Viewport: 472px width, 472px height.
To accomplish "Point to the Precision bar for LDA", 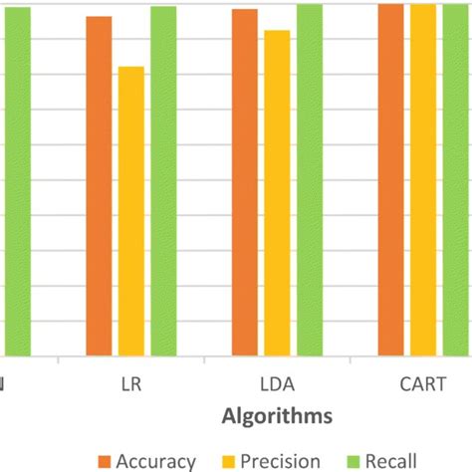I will click(277, 193).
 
